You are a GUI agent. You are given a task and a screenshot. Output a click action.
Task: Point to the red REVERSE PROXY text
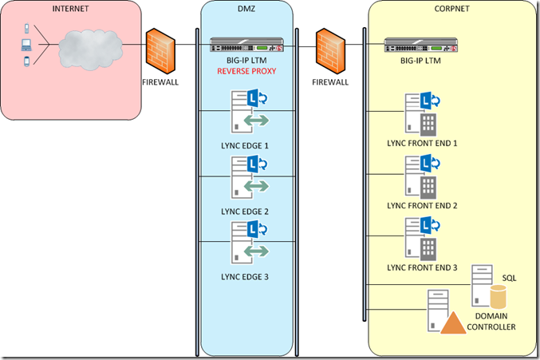coord(246,71)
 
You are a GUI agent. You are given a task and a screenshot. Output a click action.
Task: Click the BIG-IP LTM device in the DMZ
coord(246,45)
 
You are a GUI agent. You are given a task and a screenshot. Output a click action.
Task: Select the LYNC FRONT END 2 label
coord(421,205)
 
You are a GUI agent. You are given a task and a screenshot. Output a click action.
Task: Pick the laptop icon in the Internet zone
coord(26,44)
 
